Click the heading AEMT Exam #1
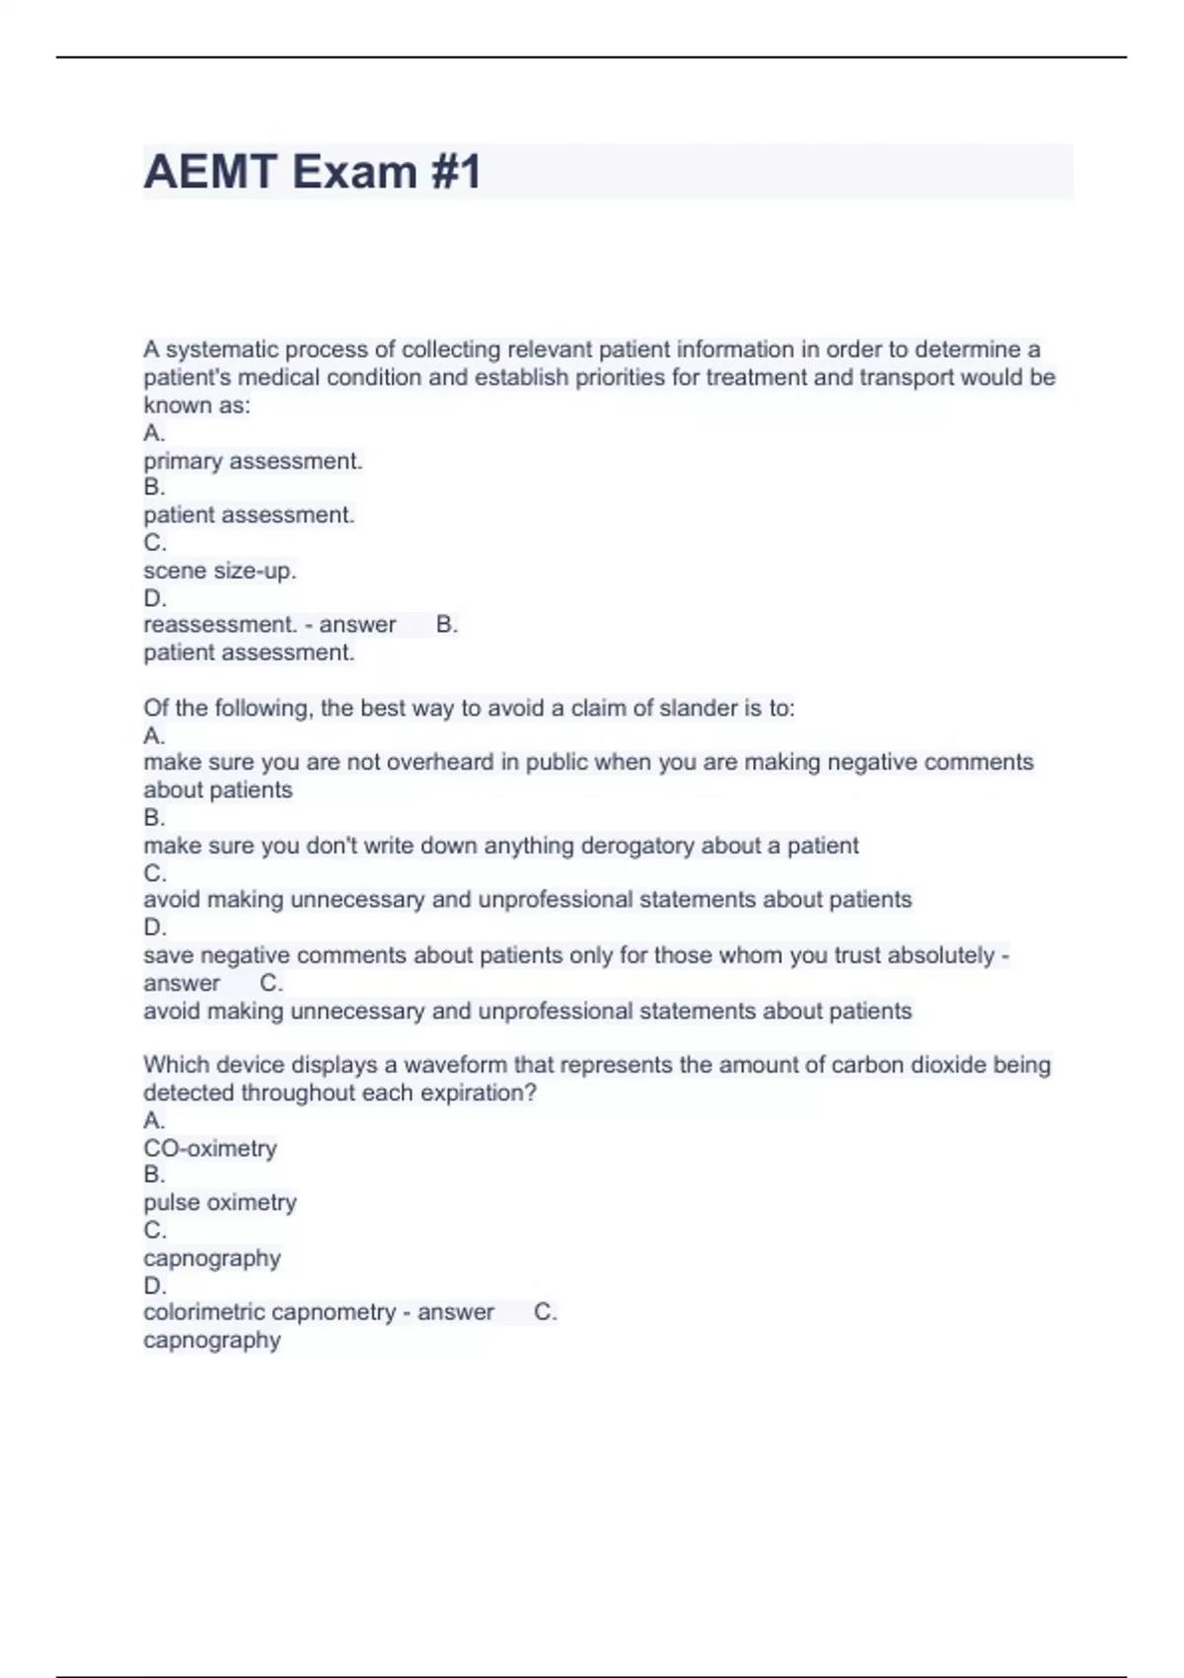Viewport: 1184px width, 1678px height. coord(312,172)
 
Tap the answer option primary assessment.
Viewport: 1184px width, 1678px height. coord(253,461)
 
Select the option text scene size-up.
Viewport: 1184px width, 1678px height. coord(219,571)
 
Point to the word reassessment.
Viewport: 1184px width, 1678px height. coord(220,625)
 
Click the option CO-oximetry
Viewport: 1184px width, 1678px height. coord(210,1149)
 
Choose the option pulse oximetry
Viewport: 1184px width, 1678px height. coord(219,1203)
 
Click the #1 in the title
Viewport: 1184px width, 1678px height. coord(455,172)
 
